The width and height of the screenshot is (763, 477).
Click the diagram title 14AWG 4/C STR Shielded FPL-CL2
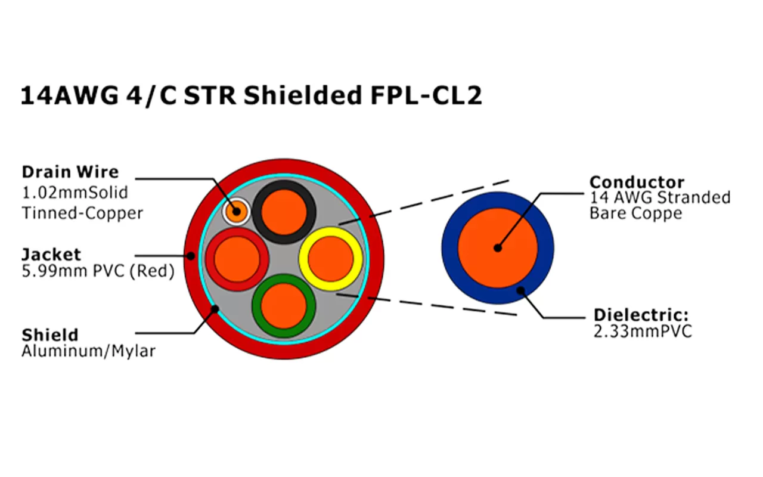click(x=251, y=96)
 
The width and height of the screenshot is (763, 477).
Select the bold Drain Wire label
click(x=70, y=172)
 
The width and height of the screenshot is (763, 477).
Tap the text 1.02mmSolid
click(x=75, y=193)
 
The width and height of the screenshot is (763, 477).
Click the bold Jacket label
click(x=51, y=254)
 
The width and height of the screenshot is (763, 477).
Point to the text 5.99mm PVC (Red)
click(x=98, y=272)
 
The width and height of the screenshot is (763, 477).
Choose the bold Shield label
click(x=49, y=334)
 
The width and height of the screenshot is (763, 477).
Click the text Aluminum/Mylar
click(x=88, y=352)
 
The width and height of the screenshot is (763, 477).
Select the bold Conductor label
click(x=637, y=182)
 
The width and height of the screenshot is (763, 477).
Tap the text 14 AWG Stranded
click(x=660, y=197)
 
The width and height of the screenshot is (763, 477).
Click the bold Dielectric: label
click(x=641, y=315)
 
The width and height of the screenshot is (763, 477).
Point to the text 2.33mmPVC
click(x=643, y=332)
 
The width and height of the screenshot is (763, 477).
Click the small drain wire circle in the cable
click(x=235, y=210)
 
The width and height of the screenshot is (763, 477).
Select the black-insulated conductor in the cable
click(x=284, y=212)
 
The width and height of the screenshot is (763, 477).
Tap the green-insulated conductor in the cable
click(x=284, y=305)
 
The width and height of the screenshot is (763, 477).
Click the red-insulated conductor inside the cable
click(x=237, y=259)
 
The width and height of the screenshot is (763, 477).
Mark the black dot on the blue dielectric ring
click(x=520, y=291)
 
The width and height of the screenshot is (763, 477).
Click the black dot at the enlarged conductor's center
click(x=497, y=248)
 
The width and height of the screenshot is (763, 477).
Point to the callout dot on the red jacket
click(x=191, y=256)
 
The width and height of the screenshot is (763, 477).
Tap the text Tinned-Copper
click(x=82, y=213)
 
